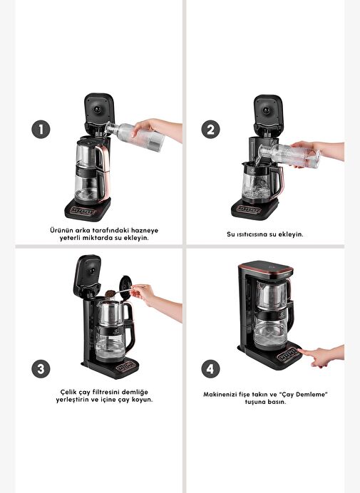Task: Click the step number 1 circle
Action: [41, 129]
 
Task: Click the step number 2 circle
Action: [210, 129]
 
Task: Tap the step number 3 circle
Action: [41, 369]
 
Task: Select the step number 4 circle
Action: [210, 369]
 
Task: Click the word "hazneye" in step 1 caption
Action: [145, 230]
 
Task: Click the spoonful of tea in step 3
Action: [110, 294]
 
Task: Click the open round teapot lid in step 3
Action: [125, 285]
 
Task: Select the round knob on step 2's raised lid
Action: [267, 110]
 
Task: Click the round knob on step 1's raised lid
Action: [98, 110]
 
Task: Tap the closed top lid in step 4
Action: [266, 268]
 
